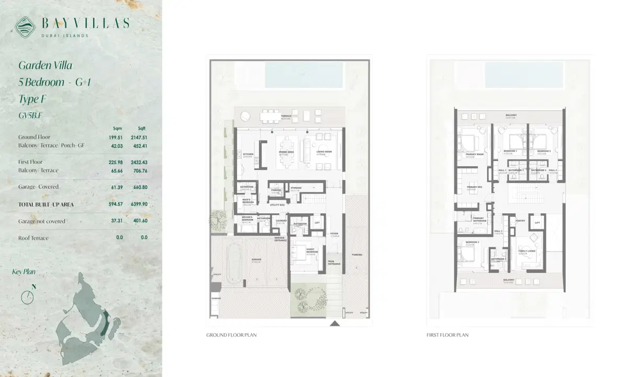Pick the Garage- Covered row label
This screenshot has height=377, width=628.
tap(38, 187)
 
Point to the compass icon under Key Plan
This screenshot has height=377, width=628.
tap(27, 296)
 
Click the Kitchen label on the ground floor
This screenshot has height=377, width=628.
tap(248, 154)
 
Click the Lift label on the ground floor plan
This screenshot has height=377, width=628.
tap(317, 223)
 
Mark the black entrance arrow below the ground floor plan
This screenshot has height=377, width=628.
tap(334, 324)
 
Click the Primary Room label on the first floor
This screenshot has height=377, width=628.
tap(475, 154)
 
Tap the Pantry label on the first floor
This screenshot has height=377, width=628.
tap(520, 221)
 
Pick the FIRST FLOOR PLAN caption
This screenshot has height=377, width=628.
tap(447, 335)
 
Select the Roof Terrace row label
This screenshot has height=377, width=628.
tap(33, 238)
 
